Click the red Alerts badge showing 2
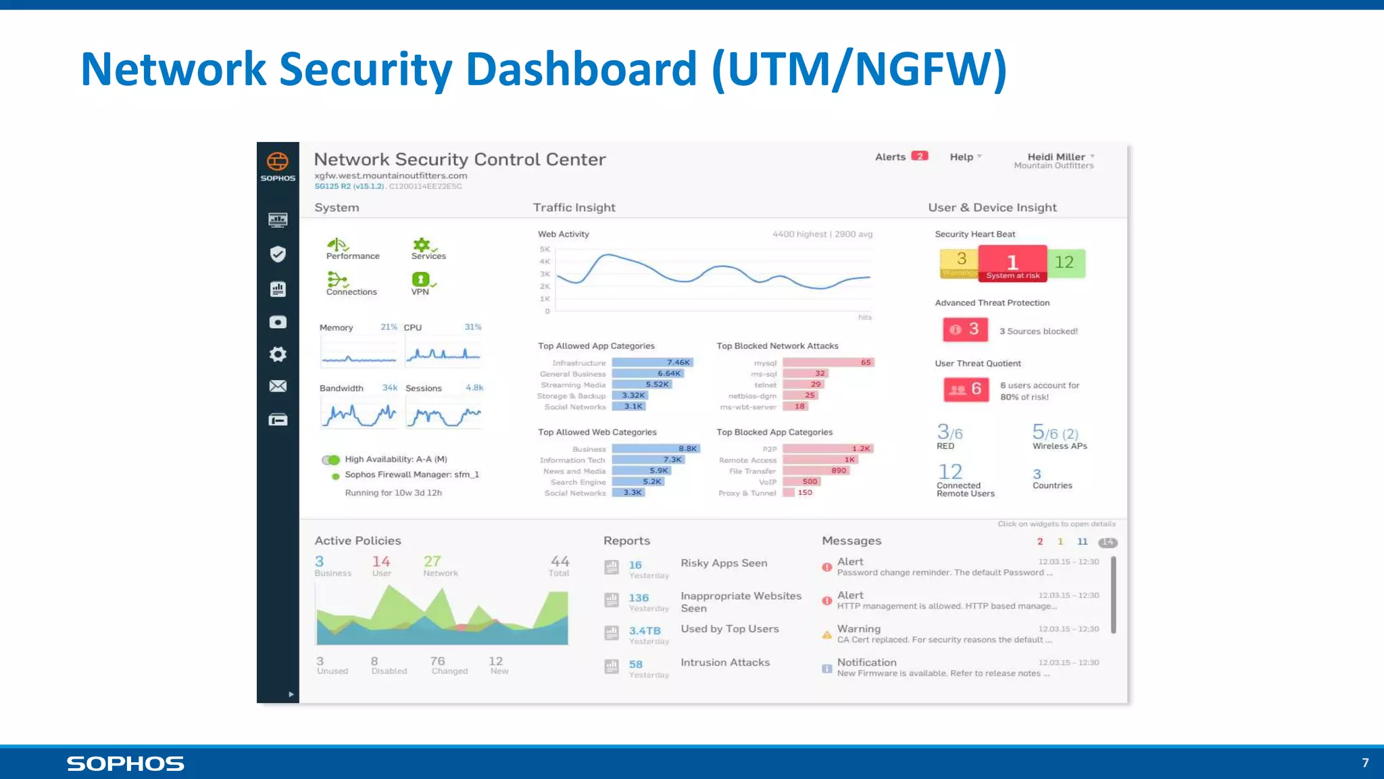tap(919, 156)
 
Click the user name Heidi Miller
tap(1056, 157)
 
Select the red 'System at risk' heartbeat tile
tap(1012, 264)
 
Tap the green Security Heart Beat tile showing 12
tap(1065, 263)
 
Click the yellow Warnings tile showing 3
tap(960, 263)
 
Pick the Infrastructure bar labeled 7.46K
tap(652, 362)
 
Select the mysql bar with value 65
tap(829, 362)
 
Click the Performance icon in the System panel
tap(337, 245)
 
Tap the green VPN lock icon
tap(420, 279)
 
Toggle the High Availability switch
tap(330, 460)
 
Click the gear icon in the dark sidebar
tap(278, 354)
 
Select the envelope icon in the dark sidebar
tap(278, 386)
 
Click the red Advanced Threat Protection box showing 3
tap(965, 329)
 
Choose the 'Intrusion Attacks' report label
tap(725, 663)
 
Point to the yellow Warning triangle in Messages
tap(826, 635)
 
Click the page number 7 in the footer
tap(1365, 763)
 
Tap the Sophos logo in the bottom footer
tap(125, 763)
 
